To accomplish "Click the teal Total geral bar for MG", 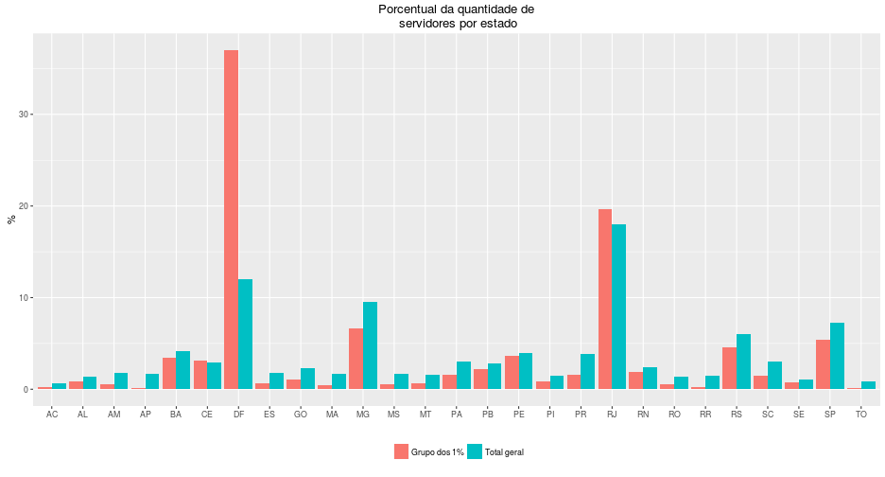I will point(370,345).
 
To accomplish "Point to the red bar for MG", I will point(356,359).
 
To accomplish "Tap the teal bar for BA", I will point(182,370).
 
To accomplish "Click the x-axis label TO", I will point(860,415).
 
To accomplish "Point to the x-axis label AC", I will point(52,415).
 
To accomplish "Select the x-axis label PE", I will point(518,415).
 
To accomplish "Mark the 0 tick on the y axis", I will point(26,389).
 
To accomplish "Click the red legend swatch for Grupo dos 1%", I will point(401,452).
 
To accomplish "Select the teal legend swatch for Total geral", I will point(475,452).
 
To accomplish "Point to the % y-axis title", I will point(11,219).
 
